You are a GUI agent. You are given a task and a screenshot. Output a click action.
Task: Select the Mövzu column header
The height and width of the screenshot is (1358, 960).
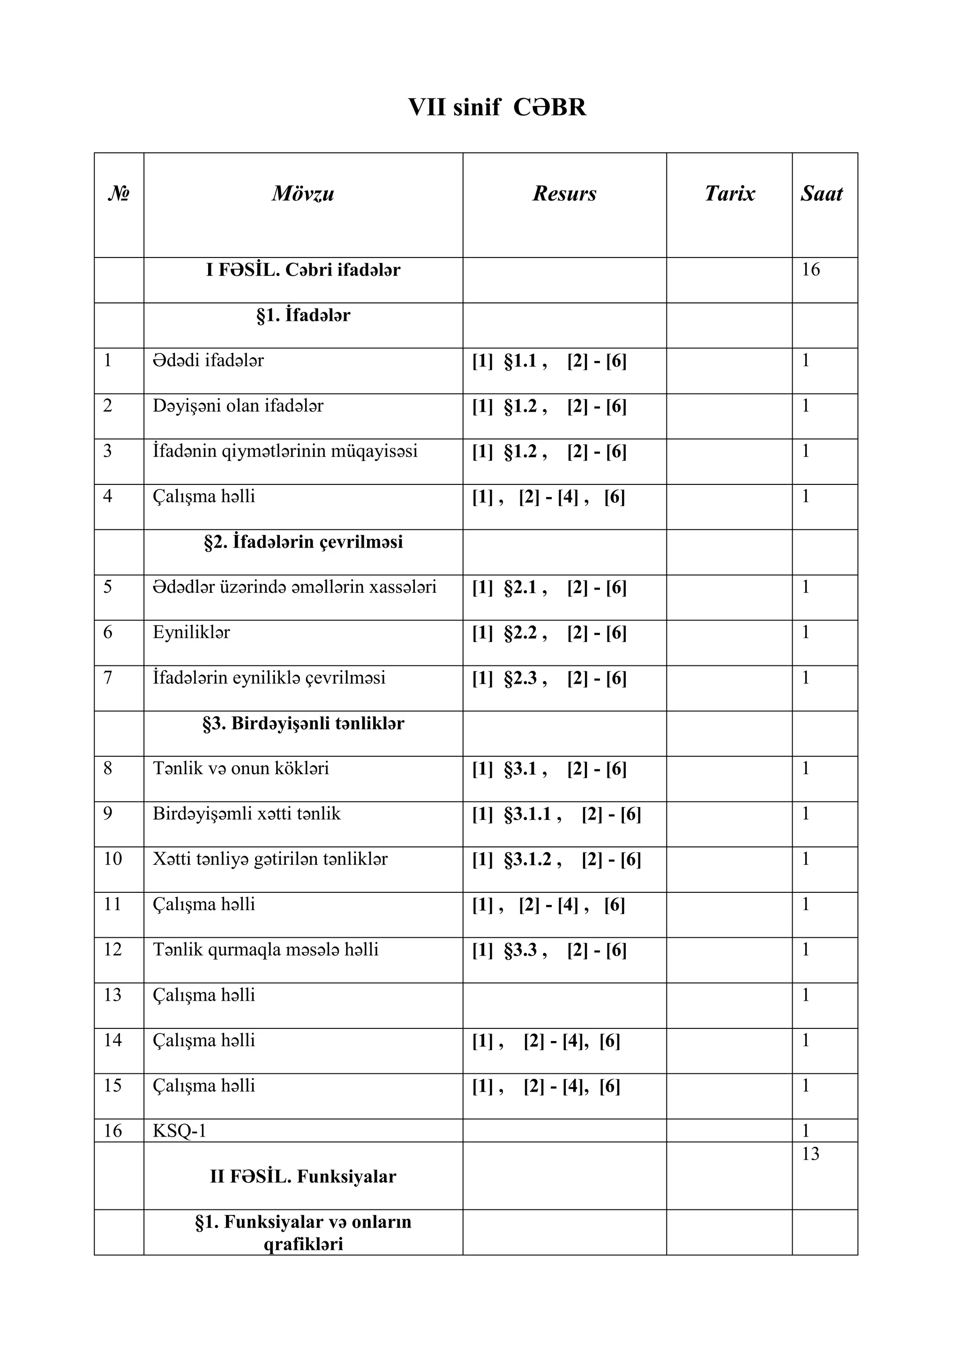tap(303, 193)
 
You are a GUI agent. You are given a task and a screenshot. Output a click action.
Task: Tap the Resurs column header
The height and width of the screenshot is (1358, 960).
tap(564, 193)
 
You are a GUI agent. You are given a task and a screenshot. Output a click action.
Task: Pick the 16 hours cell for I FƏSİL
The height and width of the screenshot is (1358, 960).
tap(810, 270)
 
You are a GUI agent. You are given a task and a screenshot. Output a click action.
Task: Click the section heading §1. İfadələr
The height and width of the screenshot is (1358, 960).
tap(303, 315)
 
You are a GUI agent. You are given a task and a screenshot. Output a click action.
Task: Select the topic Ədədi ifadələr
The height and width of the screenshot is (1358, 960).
tap(208, 360)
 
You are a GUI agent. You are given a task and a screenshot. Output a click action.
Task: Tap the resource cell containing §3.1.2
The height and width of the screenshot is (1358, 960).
tap(556, 860)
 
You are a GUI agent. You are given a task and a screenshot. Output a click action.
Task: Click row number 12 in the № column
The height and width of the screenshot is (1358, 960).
tap(112, 950)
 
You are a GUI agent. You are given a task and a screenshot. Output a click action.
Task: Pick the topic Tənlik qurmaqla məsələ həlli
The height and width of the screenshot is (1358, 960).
tap(265, 950)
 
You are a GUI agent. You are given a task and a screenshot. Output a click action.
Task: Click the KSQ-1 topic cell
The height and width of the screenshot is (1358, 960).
tap(180, 1131)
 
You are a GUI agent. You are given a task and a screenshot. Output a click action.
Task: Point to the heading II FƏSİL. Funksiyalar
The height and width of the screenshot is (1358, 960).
tap(303, 1177)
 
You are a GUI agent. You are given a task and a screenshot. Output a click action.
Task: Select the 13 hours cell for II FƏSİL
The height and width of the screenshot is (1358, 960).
tap(810, 1154)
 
